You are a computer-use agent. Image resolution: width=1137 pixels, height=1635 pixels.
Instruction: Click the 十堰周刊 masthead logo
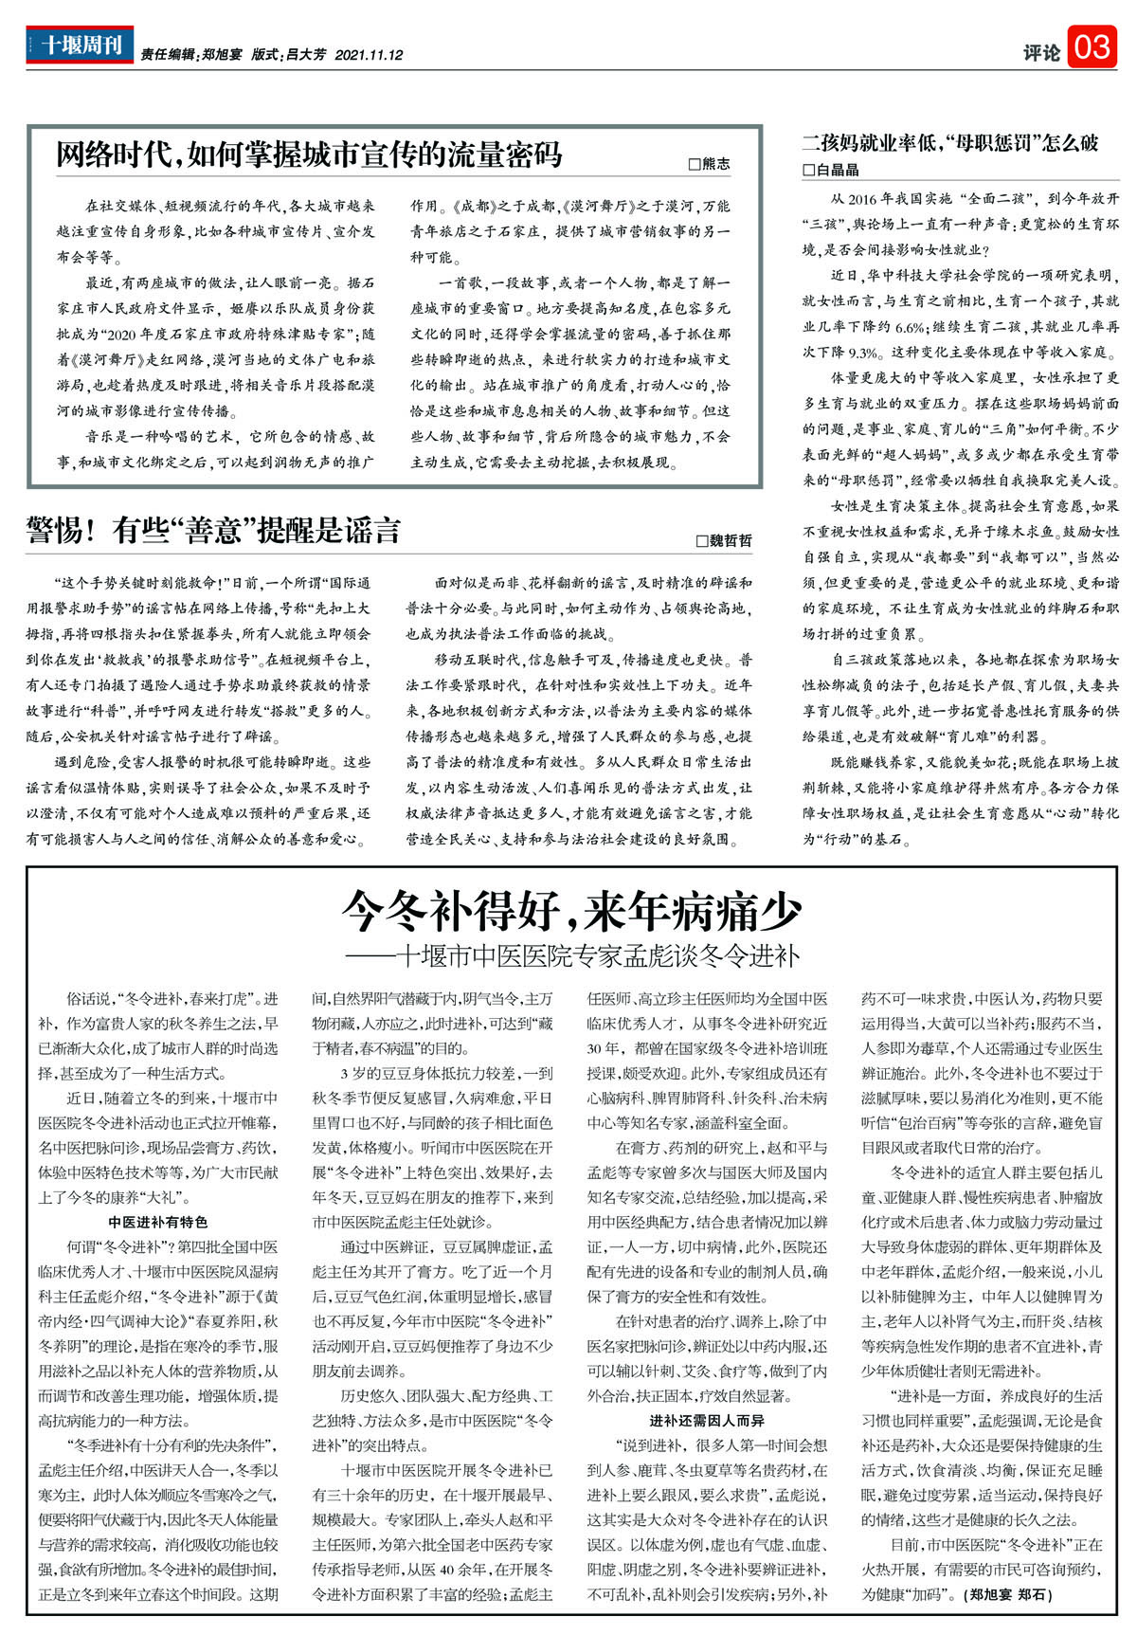click(80, 45)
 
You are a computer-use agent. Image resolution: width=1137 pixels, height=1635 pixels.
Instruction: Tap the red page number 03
click(1092, 46)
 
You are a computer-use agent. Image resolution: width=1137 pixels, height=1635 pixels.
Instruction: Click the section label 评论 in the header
click(1041, 53)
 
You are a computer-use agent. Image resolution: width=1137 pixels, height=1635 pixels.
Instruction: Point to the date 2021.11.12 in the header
click(369, 56)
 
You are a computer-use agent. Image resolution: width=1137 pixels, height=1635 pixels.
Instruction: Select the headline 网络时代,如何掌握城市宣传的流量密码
click(309, 154)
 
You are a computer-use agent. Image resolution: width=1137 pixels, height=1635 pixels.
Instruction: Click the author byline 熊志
click(710, 164)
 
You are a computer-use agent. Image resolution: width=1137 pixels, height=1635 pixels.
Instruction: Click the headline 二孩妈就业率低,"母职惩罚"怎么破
click(949, 143)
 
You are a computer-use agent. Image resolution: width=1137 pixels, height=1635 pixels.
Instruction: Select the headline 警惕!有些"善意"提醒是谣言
click(213, 531)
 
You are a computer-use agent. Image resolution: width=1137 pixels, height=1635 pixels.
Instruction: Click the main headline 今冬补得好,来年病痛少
click(571, 912)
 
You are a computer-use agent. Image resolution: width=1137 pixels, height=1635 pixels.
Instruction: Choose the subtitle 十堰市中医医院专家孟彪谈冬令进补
click(598, 954)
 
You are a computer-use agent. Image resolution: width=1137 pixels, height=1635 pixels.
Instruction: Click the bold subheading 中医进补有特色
click(158, 1222)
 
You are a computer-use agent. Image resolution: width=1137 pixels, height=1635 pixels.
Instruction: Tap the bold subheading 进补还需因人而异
click(707, 1420)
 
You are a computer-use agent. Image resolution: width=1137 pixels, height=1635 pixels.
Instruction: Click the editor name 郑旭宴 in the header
click(222, 56)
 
